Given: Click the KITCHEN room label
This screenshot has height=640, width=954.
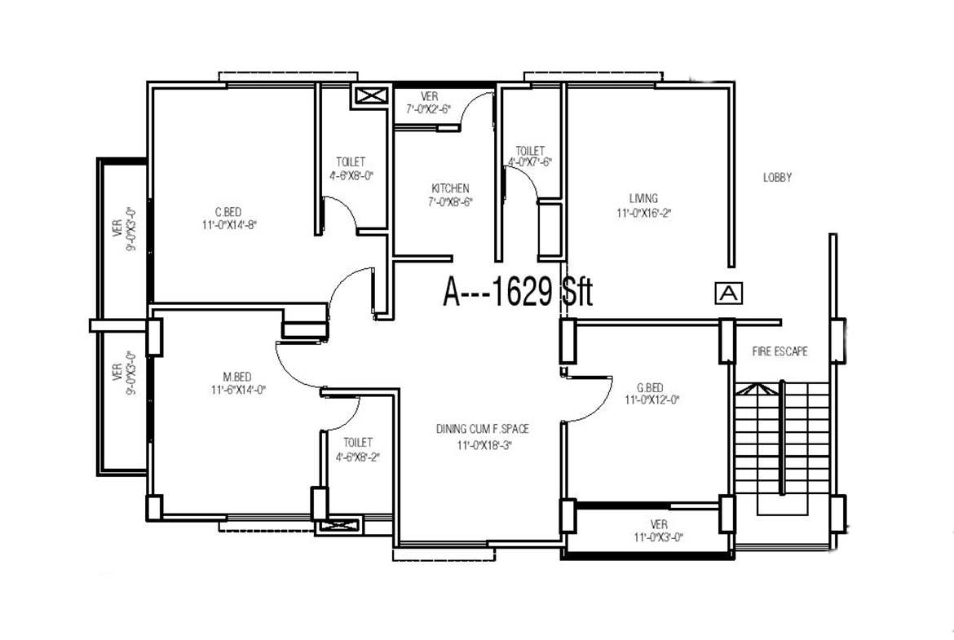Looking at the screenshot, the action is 450,188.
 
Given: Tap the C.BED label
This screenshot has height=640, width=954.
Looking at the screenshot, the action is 228,212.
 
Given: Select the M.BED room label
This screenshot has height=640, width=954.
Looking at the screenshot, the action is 236,377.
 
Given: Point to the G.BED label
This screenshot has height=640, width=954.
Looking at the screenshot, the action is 650,388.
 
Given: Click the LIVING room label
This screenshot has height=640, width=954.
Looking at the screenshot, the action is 643,198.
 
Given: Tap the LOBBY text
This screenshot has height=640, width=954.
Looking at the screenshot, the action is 778,178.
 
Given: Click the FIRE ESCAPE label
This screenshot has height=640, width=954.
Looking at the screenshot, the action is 780,351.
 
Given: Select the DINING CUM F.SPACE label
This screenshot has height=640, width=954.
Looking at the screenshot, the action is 483,430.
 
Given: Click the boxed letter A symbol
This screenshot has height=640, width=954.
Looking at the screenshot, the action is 729,294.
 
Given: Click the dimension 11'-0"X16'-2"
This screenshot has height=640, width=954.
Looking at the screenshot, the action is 643,214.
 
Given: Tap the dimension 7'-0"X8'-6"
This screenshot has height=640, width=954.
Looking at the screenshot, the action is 450,202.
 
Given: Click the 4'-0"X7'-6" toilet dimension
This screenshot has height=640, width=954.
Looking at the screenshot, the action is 530,162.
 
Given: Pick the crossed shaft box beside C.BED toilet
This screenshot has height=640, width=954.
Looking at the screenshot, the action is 370,96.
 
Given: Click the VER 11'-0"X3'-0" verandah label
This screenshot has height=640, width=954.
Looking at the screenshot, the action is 659,531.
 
